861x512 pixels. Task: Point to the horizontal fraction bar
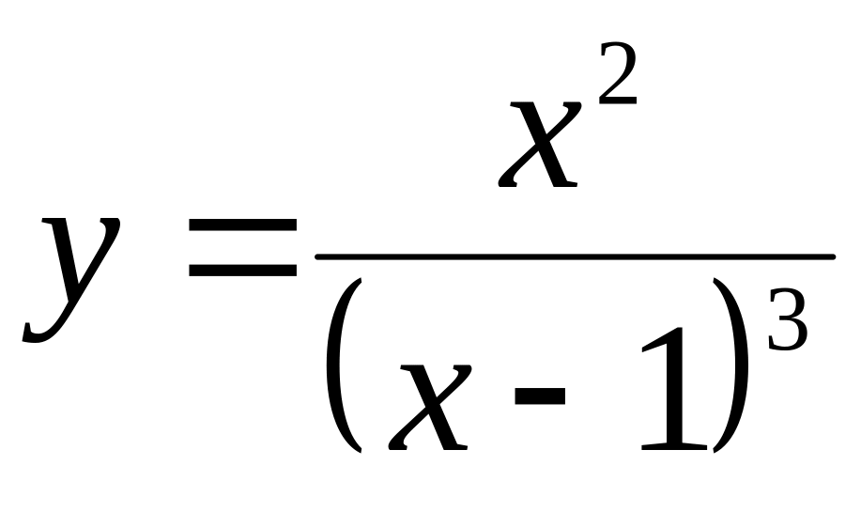coord(573,256)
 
